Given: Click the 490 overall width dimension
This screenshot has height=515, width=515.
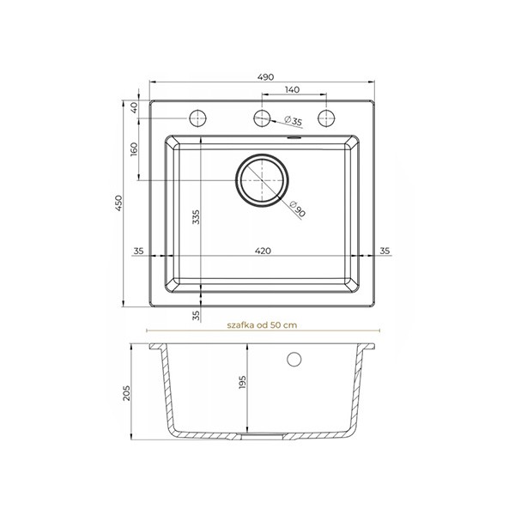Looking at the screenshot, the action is [265, 77].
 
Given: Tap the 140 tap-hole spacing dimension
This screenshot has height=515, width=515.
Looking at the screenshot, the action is [292, 89].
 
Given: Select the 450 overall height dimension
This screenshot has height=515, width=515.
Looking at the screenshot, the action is [118, 203].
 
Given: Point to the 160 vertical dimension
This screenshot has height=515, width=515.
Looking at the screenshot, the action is [134, 149].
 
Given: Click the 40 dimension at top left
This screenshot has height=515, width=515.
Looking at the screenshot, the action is [134, 107].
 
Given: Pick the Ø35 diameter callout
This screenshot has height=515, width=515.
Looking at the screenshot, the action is [293, 120].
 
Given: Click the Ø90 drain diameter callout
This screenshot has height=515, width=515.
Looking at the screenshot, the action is [298, 209].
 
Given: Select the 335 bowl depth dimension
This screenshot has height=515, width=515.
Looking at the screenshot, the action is [196, 217].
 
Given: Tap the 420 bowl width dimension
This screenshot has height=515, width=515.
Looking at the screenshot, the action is [263, 251].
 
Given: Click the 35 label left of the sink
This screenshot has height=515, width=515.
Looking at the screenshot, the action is [138, 251].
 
